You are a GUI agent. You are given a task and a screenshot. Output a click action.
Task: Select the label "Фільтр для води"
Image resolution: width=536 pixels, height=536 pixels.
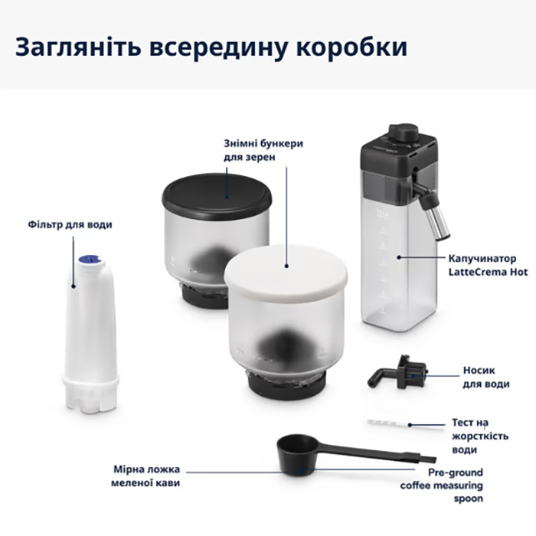point(81,224)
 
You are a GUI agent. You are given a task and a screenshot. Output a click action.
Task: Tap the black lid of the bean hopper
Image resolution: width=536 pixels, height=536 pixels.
point(217,192)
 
